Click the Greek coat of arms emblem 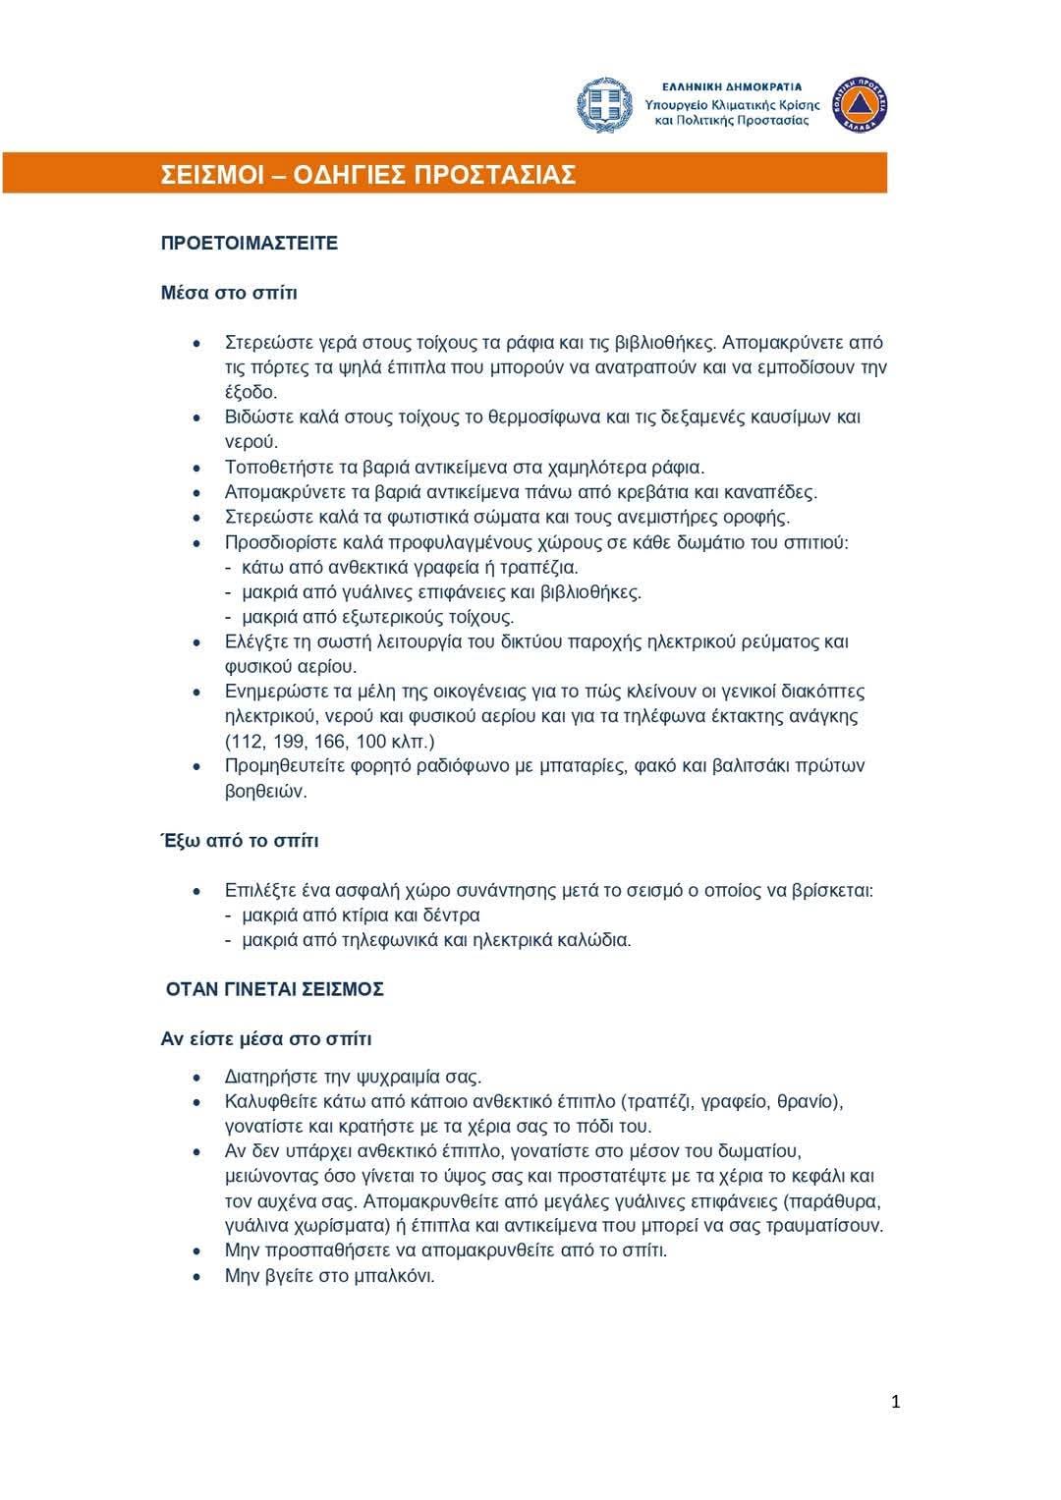click(x=604, y=105)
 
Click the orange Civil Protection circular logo click(x=860, y=105)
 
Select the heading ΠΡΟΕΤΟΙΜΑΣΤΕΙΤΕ click(x=249, y=244)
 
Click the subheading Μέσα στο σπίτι click(x=229, y=293)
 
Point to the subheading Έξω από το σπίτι click(x=240, y=841)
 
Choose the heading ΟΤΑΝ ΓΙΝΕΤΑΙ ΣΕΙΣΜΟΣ click(x=274, y=989)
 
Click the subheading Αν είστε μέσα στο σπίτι click(x=266, y=1039)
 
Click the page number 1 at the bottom click(x=895, y=1402)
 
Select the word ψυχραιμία click(x=386, y=1077)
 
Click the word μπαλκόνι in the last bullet click(x=395, y=1276)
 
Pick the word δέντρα click(x=451, y=916)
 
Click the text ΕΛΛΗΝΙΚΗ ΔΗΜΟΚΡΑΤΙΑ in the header click(x=732, y=86)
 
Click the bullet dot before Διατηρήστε click(x=198, y=1078)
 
